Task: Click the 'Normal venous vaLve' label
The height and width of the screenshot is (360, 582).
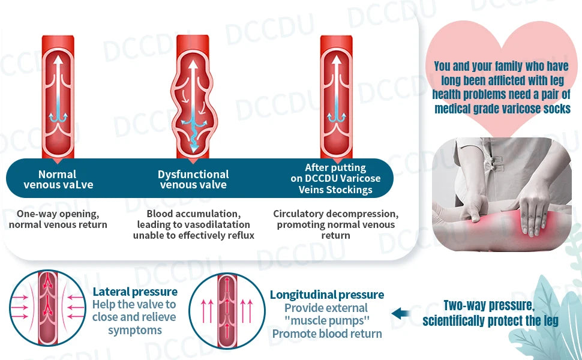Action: point(58,179)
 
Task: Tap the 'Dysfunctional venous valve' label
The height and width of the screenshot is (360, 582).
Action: point(193,179)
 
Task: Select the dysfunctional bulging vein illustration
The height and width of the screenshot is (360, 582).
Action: point(193,96)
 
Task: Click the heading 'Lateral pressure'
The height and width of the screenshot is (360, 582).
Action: point(135,292)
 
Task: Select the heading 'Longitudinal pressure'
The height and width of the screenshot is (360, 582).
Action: point(326,295)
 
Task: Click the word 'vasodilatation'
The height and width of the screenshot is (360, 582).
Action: point(212,224)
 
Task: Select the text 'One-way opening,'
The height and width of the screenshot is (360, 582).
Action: point(58,214)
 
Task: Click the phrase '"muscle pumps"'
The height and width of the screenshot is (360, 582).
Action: point(326,320)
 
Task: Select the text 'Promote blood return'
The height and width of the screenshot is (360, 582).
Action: point(326,334)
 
